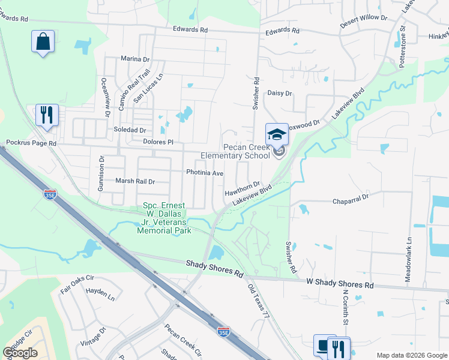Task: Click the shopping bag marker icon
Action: point(43,42)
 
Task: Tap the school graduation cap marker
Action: point(277,134)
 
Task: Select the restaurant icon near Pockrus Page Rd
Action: point(47,114)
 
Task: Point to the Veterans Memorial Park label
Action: point(164,218)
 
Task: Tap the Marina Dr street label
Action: point(134,59)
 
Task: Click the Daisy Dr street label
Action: point(279,93)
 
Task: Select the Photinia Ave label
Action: point(205,173)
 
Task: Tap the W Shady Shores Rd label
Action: point(340,282)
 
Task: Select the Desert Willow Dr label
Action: point(364,17)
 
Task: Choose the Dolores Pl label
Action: point(158,142)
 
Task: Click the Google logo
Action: point(20,353)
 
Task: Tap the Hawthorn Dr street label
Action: point(242,189)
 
